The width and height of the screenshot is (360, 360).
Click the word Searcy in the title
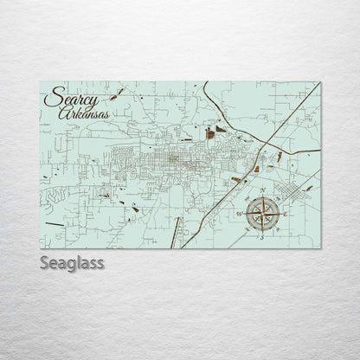(x=70, y=98)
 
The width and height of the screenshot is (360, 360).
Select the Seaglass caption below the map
(x=72, y=262)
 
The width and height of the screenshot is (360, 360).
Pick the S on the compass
(x=259, y=236)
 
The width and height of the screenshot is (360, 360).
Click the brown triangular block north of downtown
(x=221, y=129)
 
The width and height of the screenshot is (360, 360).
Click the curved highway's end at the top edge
(x=206, y=84)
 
